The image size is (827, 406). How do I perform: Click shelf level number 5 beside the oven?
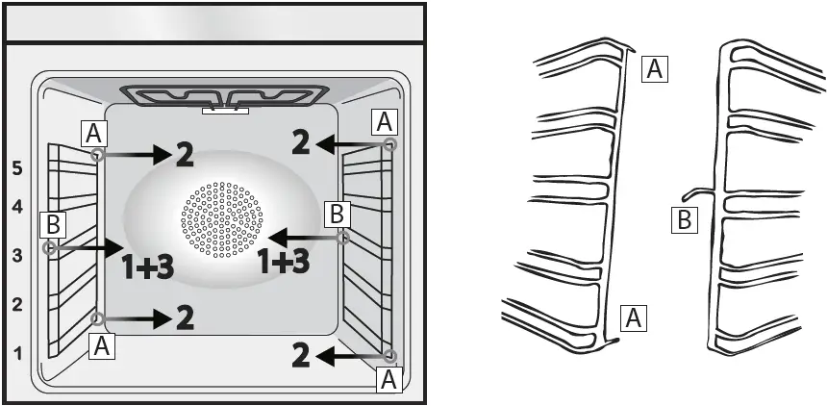point(16,166)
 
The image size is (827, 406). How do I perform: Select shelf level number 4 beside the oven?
point(16,206)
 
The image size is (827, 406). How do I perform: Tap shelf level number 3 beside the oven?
point(16,255)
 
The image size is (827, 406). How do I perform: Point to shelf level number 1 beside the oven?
point(16,353)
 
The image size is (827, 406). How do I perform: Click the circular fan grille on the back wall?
point(221,219)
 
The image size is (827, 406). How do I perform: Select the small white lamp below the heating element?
point(225,111)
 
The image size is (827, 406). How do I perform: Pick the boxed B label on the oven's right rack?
point(336,214)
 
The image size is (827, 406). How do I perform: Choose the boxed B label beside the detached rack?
point(683,220)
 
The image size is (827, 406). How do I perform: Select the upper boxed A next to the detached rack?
point(654,68)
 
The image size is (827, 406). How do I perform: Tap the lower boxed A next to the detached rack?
point(634,317)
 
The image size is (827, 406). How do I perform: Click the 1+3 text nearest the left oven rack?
point(147,266)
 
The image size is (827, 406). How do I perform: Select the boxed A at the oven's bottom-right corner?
point(389,379)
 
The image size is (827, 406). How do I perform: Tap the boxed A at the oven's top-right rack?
point(385,121)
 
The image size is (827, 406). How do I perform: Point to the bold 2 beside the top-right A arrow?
point(302,144)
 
